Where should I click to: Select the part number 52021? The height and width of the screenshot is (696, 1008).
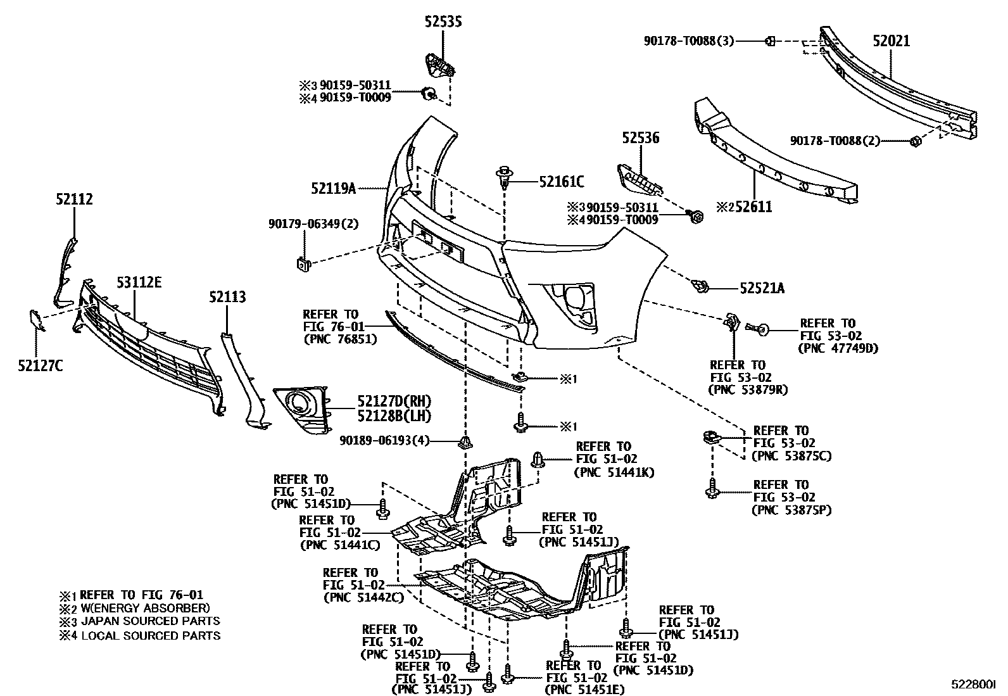[x=891, y=41]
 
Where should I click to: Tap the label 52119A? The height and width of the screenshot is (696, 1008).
[x=334, y=188]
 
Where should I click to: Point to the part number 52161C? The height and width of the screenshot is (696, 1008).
[x=562, y=182]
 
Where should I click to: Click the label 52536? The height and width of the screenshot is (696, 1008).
[x=640, y=137]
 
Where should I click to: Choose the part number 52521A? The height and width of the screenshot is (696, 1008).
[x=762, y=289]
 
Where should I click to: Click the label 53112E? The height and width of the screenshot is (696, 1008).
[x=138, y=282]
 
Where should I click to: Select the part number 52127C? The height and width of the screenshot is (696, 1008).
[x=40, y=366]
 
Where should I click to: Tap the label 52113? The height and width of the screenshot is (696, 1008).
[x=228, y=298]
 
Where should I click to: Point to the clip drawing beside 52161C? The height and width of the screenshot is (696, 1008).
[x=505, y=176]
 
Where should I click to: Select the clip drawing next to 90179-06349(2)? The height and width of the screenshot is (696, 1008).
[x=303, y=263]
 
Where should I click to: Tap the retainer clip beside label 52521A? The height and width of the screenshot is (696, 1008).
[x=699, y=287]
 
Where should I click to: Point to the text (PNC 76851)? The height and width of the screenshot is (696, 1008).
[x=340, y=339]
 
